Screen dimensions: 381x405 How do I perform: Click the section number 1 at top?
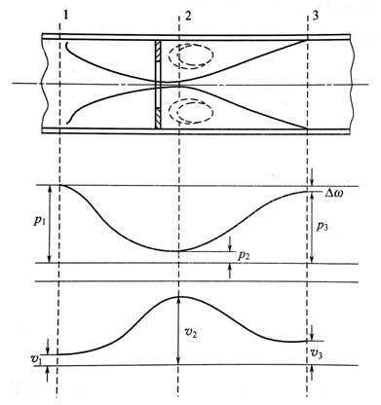pos(66,16)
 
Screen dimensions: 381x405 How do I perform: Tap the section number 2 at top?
pos(187,16)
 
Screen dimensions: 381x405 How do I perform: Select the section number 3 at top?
pos(315,16)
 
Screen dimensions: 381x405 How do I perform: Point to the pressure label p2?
pos(244,256)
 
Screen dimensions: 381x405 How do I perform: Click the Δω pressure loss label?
pos(333,195)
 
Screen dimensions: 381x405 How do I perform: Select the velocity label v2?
pos(192,332)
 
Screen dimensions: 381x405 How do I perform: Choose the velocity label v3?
pos(317,352)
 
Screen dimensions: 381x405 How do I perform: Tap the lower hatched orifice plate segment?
pos(158,118)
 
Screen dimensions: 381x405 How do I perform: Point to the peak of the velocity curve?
pos(179,297)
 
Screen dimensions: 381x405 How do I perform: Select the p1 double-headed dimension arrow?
pos(50,224)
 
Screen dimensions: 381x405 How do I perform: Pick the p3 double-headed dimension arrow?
pos(311,227)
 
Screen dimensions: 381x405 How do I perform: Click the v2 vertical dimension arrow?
pos(178,331)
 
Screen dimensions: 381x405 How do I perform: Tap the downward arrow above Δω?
pos(312,177)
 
